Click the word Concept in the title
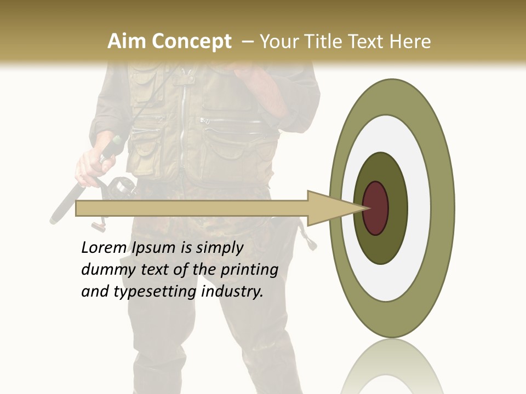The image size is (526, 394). point(191,42)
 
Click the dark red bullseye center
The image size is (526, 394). point(375,208)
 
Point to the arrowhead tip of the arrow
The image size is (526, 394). point(365,208)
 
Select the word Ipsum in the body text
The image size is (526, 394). point(155,248)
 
